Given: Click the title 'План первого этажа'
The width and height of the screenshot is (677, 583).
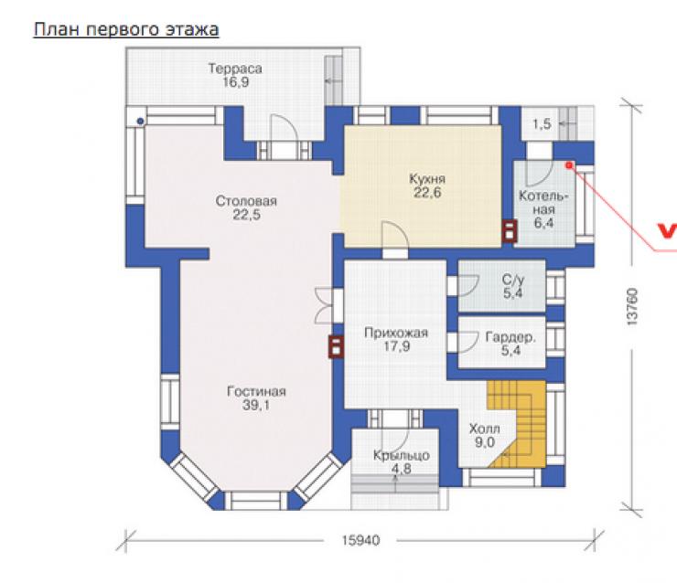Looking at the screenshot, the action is (x=126, y=30).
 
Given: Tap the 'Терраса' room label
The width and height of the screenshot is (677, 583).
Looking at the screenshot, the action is (x=235, y=69).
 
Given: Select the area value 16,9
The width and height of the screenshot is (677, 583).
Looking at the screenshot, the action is (x=236, y=82).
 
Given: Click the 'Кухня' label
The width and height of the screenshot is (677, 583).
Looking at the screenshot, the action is (x=427, y=178).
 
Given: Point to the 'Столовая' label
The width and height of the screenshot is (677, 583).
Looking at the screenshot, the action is (x=246, y=201).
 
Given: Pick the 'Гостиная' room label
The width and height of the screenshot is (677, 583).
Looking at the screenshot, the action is (x=256, y=391).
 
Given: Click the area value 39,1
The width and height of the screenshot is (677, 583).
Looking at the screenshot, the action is (x=255, y=405).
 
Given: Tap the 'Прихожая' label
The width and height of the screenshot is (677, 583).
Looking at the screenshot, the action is (x=396, y=333).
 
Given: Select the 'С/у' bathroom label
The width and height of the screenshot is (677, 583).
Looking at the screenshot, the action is (x=513, y=280).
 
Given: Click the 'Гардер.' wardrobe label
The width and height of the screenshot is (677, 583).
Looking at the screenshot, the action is (x=510, y=337).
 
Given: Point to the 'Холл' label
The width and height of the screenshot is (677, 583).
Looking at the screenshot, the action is (x=485, y=429).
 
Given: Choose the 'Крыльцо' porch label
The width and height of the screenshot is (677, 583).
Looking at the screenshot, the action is (x=401, y=455).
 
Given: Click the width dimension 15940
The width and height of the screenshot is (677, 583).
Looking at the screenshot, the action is (x=361, y=540).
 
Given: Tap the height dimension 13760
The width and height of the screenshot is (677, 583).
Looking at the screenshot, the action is (x=631, y=307).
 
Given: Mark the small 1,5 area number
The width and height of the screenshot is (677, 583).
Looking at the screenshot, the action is (x=542, y=124).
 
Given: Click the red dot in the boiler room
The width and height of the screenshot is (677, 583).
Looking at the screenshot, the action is (x=569, y=165).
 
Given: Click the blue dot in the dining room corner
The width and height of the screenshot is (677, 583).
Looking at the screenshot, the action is (x=140, y=122).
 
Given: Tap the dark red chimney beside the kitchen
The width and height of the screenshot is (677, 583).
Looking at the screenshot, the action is (x=509, y=230).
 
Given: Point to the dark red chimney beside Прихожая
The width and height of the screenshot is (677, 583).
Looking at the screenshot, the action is (x=336, y=346).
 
